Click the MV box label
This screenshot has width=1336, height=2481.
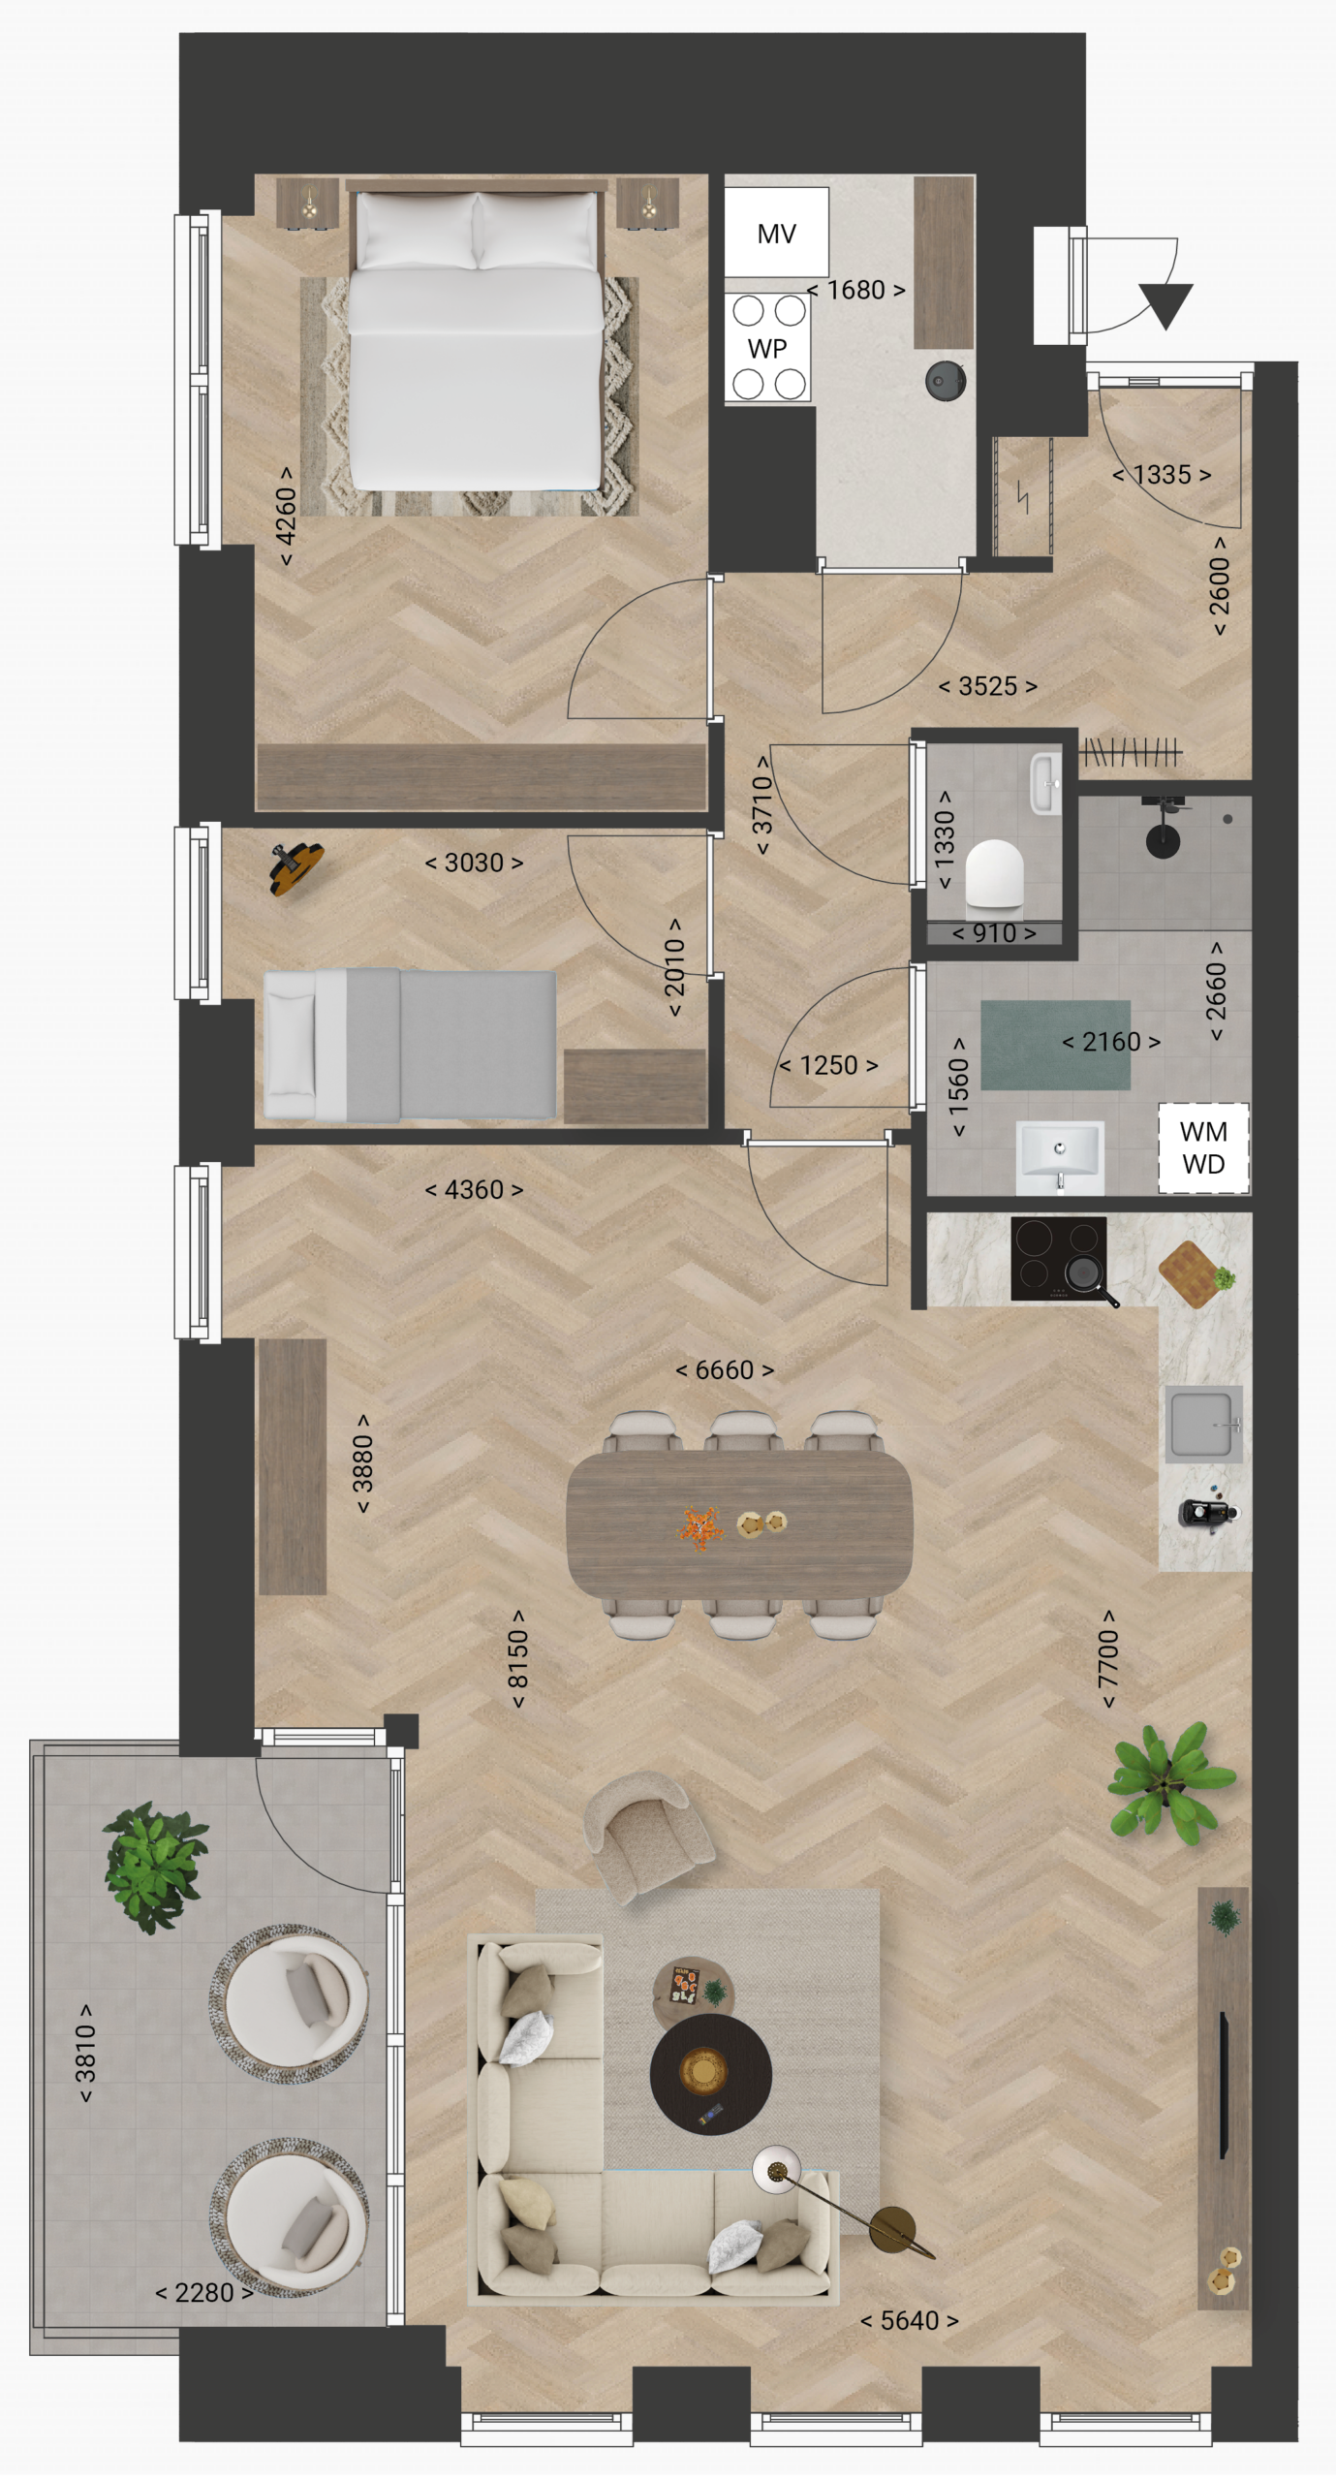click(776, 234)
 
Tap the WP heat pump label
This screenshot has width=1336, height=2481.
click(767, 348)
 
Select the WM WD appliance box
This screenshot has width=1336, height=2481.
click(1203, 1147)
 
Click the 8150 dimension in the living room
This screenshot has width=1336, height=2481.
click(518, 1660)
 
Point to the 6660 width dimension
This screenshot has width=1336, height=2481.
click(725, 1370)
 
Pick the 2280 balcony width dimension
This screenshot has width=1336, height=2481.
click(204, 2293)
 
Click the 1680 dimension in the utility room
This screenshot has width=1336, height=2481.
click(856, 290)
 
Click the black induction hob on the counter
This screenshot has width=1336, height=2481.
click(1059, 1258)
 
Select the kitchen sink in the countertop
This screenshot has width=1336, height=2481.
click(1204, 1425)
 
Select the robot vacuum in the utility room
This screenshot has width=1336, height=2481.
click(945, 381)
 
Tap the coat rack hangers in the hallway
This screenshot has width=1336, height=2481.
click(1132, 751)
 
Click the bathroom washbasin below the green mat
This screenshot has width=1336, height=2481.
click(1060, 1156)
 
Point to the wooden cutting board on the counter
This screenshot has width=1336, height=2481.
click(1193, 1274)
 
